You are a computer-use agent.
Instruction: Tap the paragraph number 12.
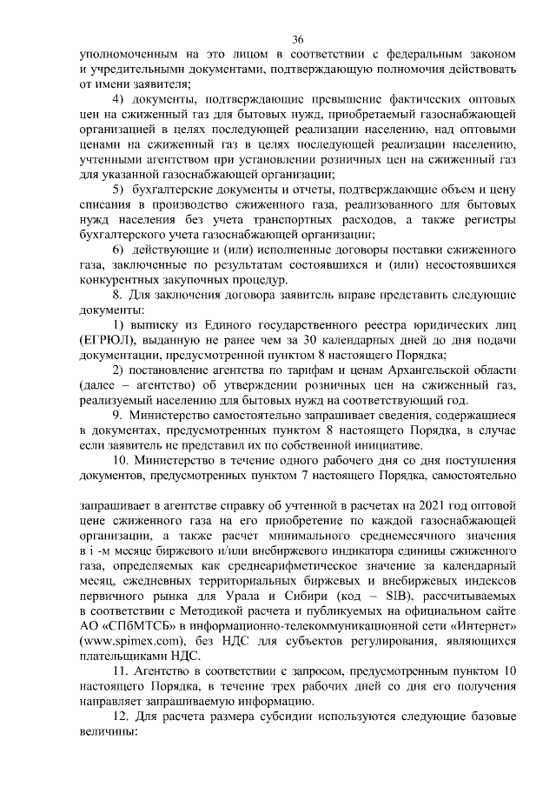tap(122, 715)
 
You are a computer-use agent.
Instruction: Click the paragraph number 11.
tap(122, 671)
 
